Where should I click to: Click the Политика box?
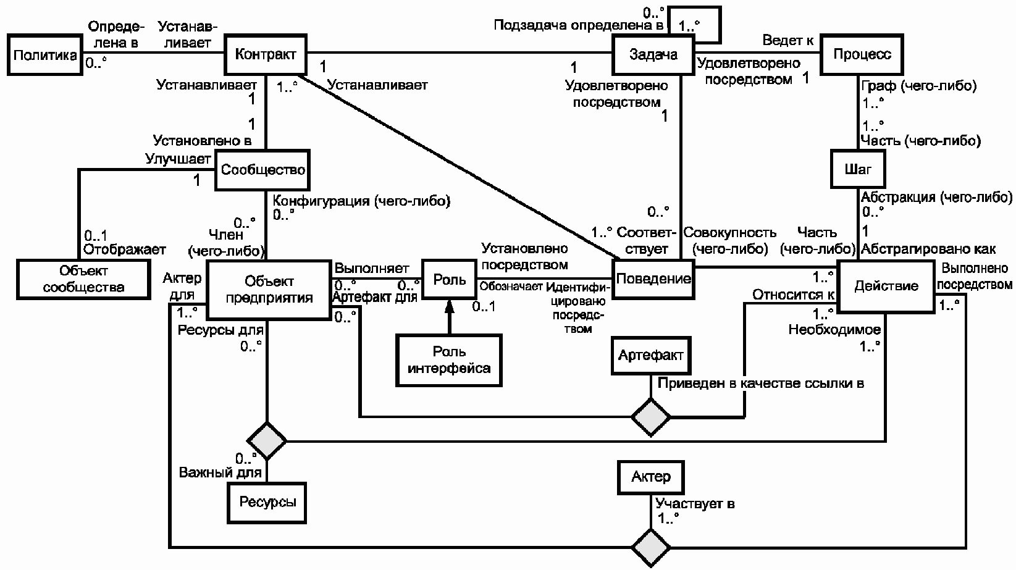(45, 55)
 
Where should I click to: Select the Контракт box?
(266, 54)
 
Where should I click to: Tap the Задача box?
(653, 55)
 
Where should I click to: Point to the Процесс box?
(862, 54)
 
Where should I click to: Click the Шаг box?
(858, 169)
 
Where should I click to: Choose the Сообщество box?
(262, 170)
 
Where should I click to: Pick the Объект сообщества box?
(83, 279)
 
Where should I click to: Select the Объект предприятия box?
(269, 290)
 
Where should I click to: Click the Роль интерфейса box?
(449, 361)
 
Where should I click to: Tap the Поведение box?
(653, 279)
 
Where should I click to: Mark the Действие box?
(886, 286)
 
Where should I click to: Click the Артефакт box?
(651, 355)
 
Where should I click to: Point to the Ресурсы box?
(267, 503)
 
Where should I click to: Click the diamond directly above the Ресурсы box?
(267, 441)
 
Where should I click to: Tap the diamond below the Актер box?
(651, 548)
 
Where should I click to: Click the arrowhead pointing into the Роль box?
(449, 306)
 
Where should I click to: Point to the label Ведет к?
(788, 40)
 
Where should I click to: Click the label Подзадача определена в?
(578, 25)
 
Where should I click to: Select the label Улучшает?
(178, 159)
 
